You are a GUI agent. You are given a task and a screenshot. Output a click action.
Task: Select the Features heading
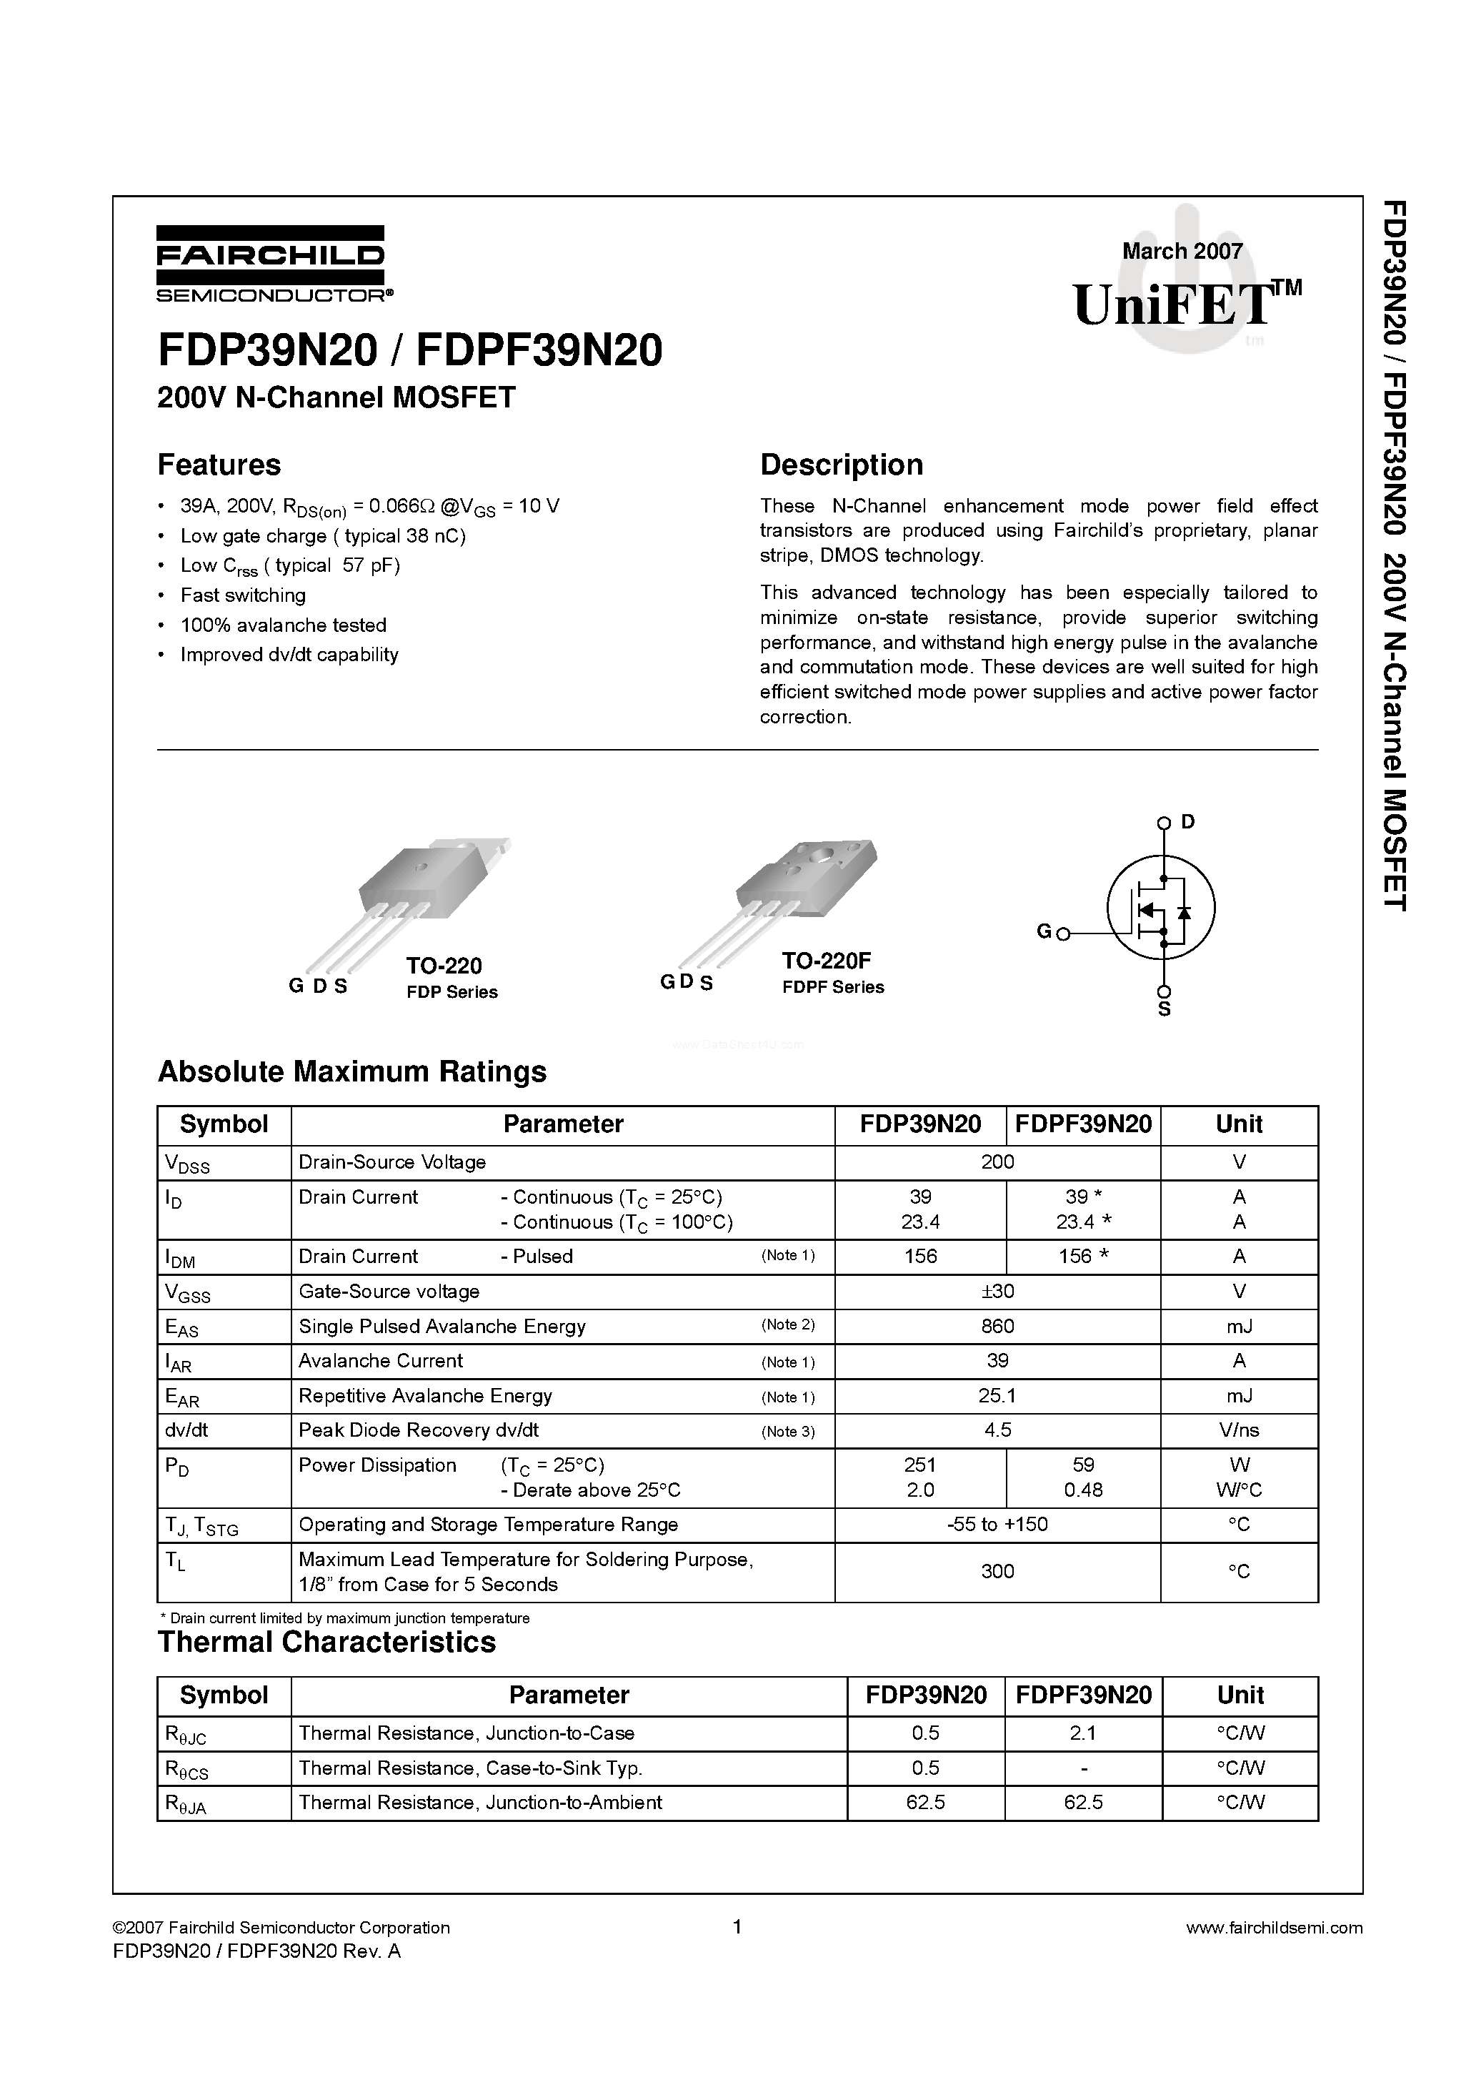pyautogui.click(x=219, y=465)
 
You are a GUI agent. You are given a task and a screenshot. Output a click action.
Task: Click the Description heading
pyautogui.click(x=841, y=465)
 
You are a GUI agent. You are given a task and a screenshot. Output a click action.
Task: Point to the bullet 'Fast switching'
pyautogui.click(x=243, y=595)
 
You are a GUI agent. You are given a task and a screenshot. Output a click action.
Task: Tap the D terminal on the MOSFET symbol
pyautogui.click(x=1187, y=822)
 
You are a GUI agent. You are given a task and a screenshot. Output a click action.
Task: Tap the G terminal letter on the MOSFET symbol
pyautogui.click(x=1044, y=932)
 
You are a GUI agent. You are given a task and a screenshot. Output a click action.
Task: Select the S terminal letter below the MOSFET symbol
pyautogui.click(x=1164, y=1011)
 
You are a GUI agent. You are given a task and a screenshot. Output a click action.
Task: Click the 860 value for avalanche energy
pyautogui.click(x=997, y=1327)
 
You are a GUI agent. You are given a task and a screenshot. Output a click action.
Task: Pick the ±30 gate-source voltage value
pyautogui.click(x=997, y=1292)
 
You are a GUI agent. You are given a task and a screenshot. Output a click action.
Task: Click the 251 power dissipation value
pyautogui.click(x=920, y=1465)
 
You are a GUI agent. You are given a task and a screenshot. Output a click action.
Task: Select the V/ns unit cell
pyautogui.click(x=1239, y=1430)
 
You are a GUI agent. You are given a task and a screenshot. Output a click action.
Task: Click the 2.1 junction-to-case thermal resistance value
pyautogui.click(x=1083, y=1733)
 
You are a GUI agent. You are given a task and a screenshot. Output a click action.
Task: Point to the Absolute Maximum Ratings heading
pyautogui.click(x=352, y=1071)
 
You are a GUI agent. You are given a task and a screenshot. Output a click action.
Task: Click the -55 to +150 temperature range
pyautogui.click(x=997, y=1525)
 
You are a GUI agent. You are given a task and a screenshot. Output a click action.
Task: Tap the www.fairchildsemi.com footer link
pyautogui.click(x=1275, y=1927)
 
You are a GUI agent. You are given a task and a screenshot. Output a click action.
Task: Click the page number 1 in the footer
pyautogui.click(x=737, y=1926)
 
